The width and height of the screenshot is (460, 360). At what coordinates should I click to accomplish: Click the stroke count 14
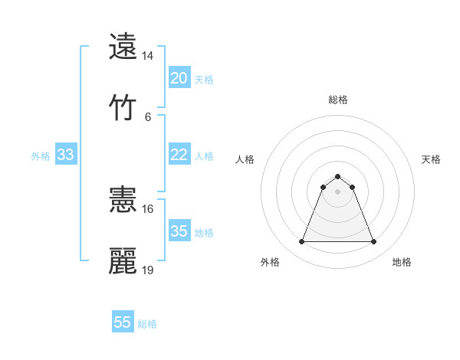click(x=148, y=56)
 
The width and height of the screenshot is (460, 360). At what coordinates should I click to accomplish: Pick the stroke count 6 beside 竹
click(x=148, y=116)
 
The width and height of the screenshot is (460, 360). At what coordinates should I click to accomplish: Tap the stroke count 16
click(x=148, y=208)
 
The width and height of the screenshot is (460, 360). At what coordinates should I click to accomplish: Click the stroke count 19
click(x=148, y=270)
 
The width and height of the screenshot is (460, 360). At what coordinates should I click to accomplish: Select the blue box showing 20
click(x=179, y=78)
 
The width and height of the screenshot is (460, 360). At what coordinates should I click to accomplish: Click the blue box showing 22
click(x=179, y=155)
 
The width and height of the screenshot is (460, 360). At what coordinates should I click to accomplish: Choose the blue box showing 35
click(x=179, y=231)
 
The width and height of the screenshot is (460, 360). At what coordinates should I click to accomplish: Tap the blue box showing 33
click(x=66, y=155)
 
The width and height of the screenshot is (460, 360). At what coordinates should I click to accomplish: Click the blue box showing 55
click(x=123, y=322)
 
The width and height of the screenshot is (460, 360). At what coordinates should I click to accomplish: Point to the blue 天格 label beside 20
click(x=204, y=79)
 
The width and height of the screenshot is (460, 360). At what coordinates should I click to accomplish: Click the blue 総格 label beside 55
click(x=147, y=323)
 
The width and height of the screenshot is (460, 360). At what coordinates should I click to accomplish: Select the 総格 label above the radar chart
click(x=338, y=100)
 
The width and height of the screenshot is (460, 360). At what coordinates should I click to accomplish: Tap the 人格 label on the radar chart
click(x=245, y=159)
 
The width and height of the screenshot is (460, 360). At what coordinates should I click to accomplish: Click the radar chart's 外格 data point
click(x=302, y=242)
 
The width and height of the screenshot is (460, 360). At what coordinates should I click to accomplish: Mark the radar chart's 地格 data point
click(x=373, y=242)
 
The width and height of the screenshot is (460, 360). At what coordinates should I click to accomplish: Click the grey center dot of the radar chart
click(x=338, y=191)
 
